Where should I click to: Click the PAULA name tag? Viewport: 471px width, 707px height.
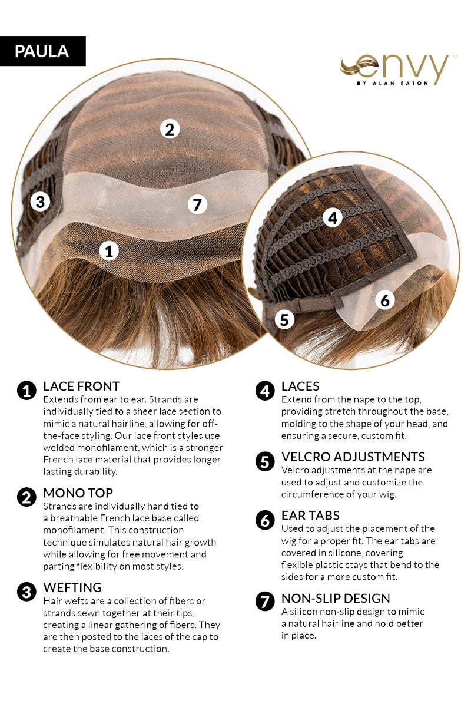(x=42, y=51)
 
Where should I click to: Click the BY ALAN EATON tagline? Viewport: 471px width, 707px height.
(x=393, y=83)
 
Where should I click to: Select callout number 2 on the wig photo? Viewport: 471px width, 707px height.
(x=170, y=129)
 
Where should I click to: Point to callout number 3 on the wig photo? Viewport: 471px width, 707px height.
(x=40, y=201)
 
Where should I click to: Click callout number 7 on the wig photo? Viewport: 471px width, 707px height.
(x=197, y=204)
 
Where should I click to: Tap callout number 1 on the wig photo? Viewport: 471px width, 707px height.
(x=109, y=251)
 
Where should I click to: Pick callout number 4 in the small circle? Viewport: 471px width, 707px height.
(x=333, y=217)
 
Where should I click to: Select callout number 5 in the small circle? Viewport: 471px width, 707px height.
(x=284, y=319)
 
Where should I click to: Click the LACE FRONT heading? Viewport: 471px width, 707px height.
(x=81, y=386)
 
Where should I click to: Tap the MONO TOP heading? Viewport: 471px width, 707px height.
(x=78, y=493)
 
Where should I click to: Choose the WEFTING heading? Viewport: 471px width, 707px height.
(x=72, y=587)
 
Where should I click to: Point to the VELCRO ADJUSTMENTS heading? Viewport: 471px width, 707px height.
(x=353, y=457)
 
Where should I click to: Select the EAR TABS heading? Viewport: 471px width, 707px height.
(x=310, y=516)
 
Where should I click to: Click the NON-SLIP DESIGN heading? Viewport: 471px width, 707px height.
(x=336, y=599)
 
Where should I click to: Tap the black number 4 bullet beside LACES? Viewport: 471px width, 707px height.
(x=265, y=391)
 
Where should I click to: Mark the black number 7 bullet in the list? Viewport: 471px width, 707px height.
(x=265, y=602)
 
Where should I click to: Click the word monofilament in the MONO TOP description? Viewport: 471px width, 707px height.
(x=73, y=530)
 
